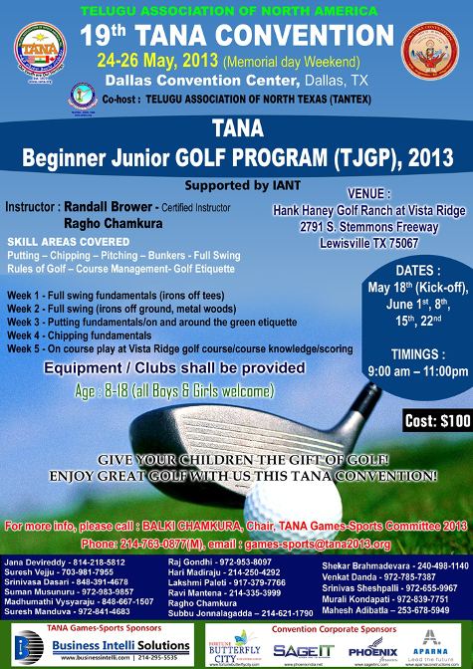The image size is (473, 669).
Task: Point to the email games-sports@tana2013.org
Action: tap(328, 544)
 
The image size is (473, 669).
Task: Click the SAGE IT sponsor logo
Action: tap(297, 647)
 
